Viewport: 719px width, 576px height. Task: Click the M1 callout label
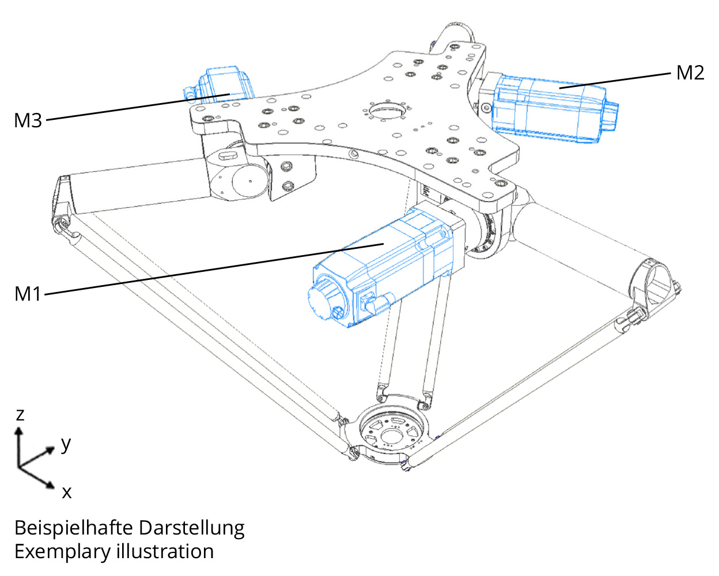tap(28, 294)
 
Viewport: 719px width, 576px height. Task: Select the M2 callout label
tap(690, 73)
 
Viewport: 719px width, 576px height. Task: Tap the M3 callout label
tap(28, 120)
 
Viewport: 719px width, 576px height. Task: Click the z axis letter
tap(20, 415)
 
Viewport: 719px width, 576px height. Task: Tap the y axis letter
tap(66, 445)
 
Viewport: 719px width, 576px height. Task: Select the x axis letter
tap(67, 492)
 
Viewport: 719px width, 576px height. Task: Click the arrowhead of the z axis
tap(19, 431)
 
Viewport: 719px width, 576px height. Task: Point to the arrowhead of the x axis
tap(51, 485)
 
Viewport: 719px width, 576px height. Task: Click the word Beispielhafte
tap(74, 528)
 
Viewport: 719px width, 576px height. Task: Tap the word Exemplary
tap(62, 552)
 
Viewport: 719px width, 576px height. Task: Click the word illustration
tap(165, 551)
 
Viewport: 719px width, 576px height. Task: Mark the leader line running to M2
tap(615, 81)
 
